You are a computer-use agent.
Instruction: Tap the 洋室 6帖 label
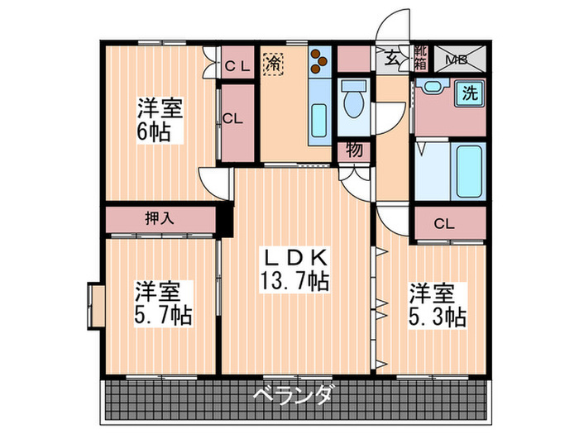coord(159,120)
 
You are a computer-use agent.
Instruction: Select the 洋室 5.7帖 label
coord(163,303)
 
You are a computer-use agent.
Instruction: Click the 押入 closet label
coord(160,220)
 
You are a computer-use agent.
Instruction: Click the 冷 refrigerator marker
coord(272,61)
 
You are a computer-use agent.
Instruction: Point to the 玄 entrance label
coord(390,58)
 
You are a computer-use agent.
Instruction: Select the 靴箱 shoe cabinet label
coord(420,59)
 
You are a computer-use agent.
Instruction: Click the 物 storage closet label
coord(352,151)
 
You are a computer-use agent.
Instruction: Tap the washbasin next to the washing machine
coord(431,88)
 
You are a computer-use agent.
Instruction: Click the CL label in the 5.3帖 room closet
coord(444,223)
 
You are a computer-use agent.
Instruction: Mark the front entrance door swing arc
coord(395,21)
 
